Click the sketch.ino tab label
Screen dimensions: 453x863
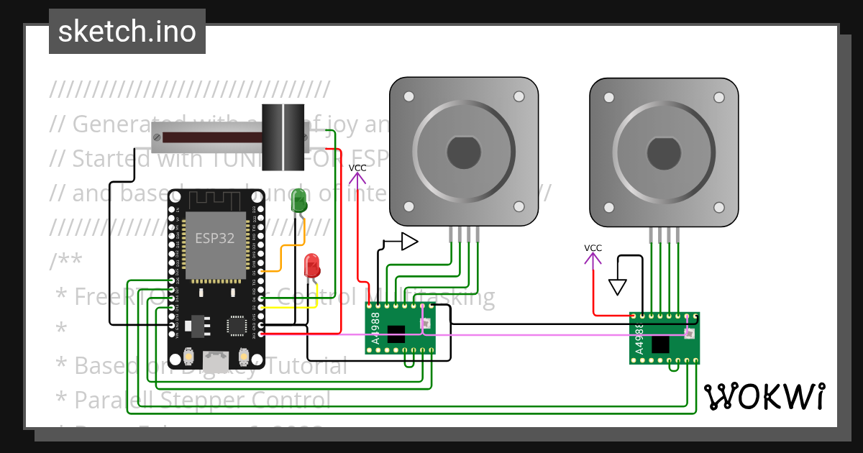tap(127, 32)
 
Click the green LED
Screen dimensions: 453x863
tap(299, 200)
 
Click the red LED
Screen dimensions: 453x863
tap(312, 266)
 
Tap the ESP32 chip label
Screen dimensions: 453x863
tap(215, 238)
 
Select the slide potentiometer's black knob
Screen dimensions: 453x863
tap(283, 137)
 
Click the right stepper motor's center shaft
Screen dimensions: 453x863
tap(664, 151)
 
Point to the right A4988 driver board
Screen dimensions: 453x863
tap(664, 338)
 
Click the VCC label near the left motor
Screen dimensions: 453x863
tap(357, 168)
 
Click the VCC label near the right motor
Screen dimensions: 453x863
tap(593, 248)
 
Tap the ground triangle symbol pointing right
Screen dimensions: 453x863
tap(408, 242)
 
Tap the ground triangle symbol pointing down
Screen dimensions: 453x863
tap(617, 287)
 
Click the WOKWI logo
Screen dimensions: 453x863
tap(764, 396)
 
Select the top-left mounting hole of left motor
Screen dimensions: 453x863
tap(408, 96)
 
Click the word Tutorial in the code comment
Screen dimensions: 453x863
tap(302, 366)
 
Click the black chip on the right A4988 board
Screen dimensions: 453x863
tap(660, 344)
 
